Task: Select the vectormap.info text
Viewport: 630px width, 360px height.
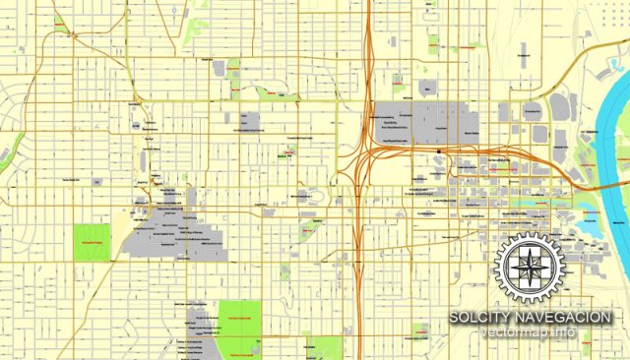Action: click(531, 335)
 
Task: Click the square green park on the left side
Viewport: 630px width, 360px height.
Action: click(92, 241)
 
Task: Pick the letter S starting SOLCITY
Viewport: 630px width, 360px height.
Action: click(455, 318)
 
